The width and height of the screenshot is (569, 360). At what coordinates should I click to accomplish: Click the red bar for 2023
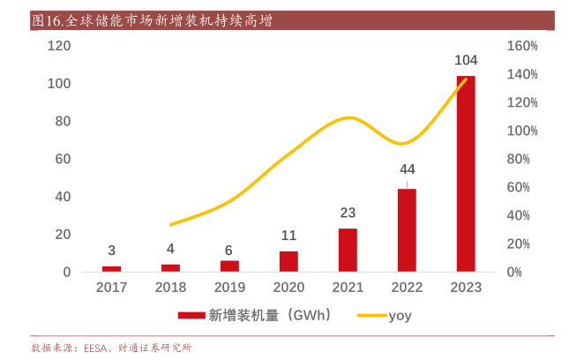[x=465, y=174]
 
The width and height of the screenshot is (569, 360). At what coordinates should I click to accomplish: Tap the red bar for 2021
[x=348, y=250]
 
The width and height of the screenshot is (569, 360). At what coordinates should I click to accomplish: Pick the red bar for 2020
[x=288, y=261]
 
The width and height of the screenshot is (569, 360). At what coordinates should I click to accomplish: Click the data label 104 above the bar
[x=465, y=61]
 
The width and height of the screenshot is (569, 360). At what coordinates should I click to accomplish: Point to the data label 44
[x=407, y=169]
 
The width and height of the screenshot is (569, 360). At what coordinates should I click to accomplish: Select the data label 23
[x=348, y=213]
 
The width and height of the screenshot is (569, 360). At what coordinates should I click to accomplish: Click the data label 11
[x=288, y=236]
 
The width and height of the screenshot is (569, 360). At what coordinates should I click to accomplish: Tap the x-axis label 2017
[x=112, y=288]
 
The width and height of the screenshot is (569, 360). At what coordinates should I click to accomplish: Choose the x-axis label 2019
[x=229, y=288]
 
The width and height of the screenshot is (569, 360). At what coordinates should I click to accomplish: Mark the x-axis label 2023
[x=465, y=288]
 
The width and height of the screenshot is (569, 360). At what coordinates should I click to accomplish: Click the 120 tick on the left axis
[x=60, y=46]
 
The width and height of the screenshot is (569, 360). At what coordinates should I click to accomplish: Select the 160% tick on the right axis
[x=522, y=46]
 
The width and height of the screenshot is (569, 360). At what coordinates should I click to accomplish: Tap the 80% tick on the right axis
[x=519, y=159]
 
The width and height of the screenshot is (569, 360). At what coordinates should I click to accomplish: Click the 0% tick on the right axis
[x=516, y=272]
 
